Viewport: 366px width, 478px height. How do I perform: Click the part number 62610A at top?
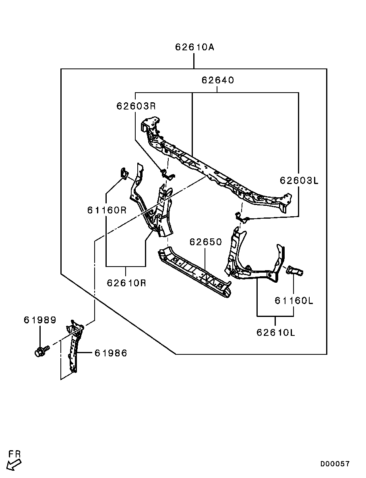[x=194, y=47]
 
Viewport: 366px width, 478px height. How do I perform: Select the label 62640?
[x=217, y=80]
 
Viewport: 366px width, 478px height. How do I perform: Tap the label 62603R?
[x=136, y=106]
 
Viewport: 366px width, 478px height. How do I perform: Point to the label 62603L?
[x=299, y=180]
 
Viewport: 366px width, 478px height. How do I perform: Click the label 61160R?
[x=107, y=210]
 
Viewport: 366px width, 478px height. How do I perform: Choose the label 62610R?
[x=126, y=283]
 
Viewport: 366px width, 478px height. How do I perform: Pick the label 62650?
[x=206, y=242]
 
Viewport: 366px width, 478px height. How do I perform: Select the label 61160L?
[x=294, y=300]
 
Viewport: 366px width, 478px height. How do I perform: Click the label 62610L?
[x=276, y=332]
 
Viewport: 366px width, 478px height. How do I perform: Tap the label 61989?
[x=40, y=320]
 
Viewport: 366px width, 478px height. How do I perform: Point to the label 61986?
[x=111, y=353]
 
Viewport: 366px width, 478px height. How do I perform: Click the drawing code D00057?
[x=335, y=464]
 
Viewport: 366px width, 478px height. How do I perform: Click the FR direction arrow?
[x=14, y=465]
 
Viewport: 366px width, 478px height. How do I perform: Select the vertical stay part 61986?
[x=74, y=346]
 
